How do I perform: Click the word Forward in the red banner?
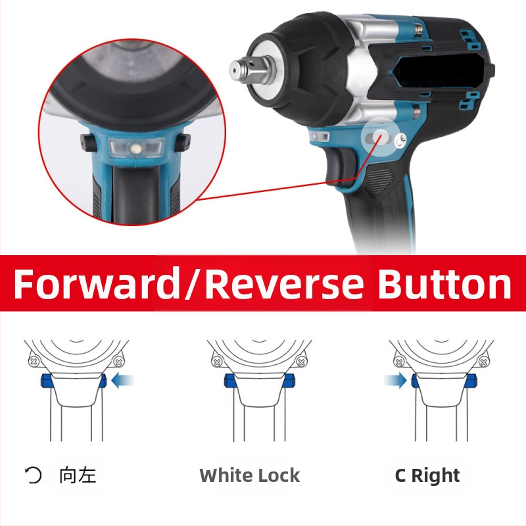coord(97,283)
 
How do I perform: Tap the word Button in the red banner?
coord(445,283)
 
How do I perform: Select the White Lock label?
coord(250,475)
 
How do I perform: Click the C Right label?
coord(427,475)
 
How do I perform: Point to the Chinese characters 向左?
coord(78,475)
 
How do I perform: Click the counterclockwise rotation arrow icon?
coord(34,475)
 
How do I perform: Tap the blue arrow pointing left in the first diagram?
coord(122,381)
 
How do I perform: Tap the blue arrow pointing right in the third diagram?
coord(396,381)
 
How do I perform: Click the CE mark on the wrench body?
coord(400,141)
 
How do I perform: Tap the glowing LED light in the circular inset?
coord(136,147)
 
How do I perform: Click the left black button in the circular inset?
coord(88,142)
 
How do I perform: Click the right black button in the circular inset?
coord(182,142)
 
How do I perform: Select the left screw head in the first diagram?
coord(34,362)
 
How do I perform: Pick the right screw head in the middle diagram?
coord(301,362)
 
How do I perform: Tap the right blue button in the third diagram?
coord(471,381)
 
